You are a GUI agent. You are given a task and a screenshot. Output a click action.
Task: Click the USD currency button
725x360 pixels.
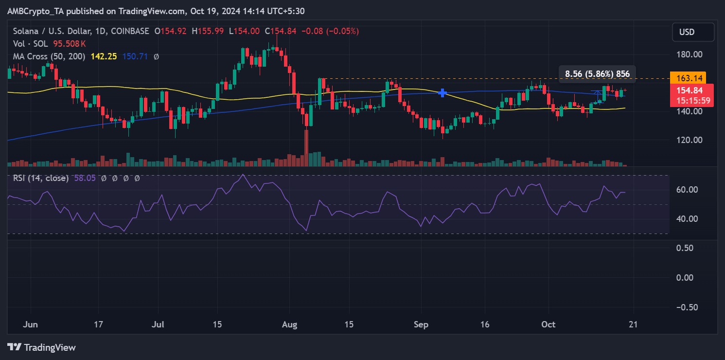[x=693, y=32]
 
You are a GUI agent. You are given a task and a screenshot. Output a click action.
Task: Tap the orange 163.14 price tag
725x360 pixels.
[x=687, y=77]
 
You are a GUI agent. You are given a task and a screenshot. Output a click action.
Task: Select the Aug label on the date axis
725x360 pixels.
[x=289, y=324]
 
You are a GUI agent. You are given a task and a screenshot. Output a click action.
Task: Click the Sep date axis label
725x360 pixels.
[x=421, y=324]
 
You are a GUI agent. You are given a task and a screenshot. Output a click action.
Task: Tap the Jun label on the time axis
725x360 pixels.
[x=30, y=324]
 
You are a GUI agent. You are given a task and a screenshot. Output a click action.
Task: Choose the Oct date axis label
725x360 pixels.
[x=548, y=324]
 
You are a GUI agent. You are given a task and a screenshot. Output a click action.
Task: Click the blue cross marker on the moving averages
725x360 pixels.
[x=442, y=92]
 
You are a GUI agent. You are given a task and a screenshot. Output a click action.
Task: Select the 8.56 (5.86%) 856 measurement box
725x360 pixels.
[x=597, y=74]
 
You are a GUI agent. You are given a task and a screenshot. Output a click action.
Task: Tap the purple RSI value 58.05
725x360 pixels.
[x=85, y=179]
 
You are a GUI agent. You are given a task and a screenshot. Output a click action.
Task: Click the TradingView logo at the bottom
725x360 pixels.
[x=42, y=347]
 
